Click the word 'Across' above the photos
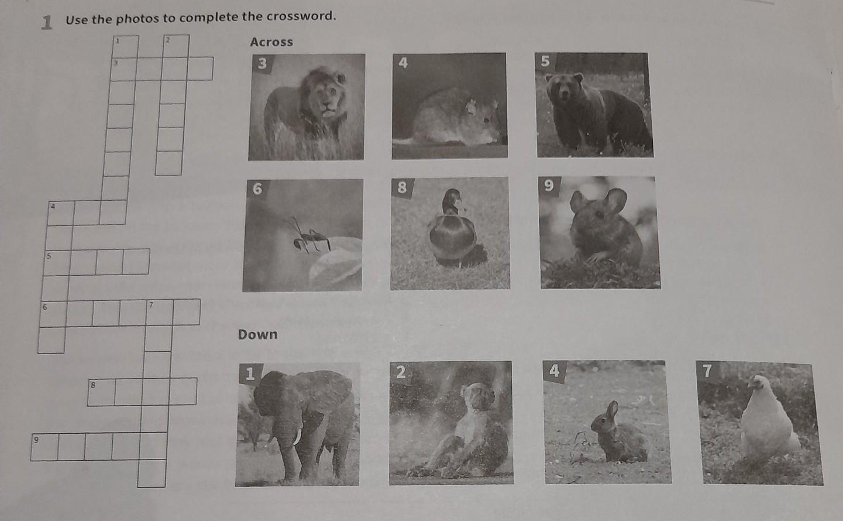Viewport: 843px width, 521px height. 271,42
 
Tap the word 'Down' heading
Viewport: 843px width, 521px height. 258,334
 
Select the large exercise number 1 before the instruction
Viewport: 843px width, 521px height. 47,23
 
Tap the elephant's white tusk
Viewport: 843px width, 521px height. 298,437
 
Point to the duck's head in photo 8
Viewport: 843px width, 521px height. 453,200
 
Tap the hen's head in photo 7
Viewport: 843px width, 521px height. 758,382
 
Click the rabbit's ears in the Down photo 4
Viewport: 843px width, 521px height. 613,410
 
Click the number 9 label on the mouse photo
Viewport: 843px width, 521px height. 549,186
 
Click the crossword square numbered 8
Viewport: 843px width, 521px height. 102,393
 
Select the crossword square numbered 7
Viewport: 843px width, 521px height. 160,312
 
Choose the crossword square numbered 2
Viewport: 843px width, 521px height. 176,46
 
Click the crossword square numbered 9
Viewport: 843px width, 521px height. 44,447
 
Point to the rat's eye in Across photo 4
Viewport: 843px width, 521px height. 486,120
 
